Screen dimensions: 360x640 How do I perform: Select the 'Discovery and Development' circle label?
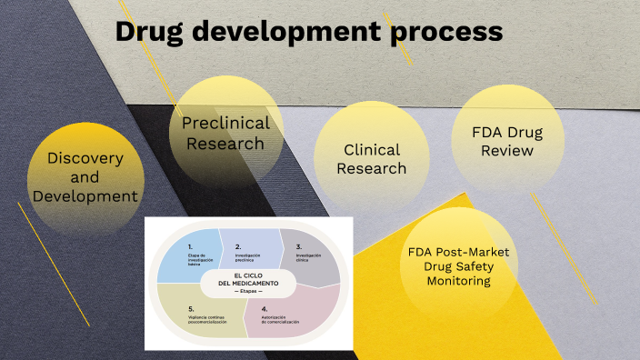tap(85, 177)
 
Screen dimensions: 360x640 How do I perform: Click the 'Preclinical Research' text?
tap(225, 133)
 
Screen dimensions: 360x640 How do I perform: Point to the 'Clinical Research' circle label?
tap(371, 159)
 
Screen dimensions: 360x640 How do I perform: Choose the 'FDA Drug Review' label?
tap(507, 142)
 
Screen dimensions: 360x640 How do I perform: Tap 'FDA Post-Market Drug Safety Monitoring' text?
tap(458, 266)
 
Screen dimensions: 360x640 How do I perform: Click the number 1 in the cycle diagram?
tap(190, 246)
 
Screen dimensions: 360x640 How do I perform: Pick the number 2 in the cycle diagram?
tap(237, 246)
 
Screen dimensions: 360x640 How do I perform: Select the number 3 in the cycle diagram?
tap(298, 246)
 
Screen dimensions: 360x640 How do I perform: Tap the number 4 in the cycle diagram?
tap(264, 309)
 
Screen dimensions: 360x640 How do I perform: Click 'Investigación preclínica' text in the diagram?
tap(249, 258)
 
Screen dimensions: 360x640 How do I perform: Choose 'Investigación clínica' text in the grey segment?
tap(309, 258)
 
